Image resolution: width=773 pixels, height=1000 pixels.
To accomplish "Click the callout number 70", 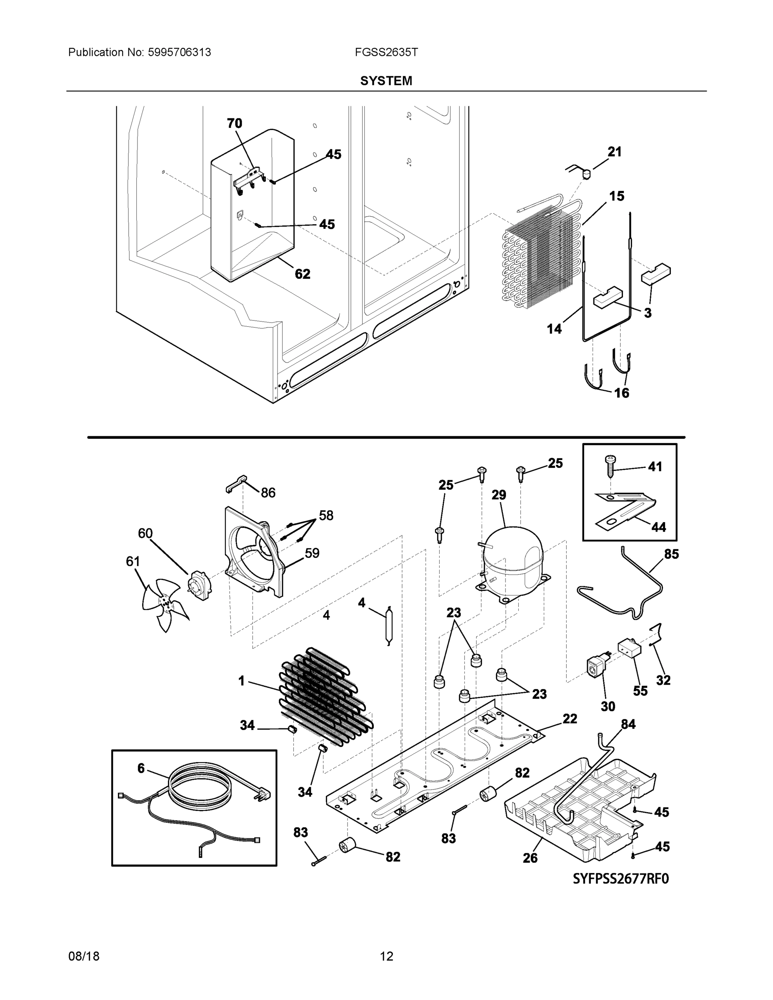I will click(x=235, y=123).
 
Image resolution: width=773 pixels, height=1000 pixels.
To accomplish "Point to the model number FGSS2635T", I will click(x=385, y=52).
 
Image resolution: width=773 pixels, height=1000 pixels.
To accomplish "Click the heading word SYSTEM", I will click(x=386, y=81).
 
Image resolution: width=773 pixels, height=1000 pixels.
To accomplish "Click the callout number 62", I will click(x=302, y=274).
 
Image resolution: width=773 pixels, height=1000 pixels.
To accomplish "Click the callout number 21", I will click(x=615, y=152).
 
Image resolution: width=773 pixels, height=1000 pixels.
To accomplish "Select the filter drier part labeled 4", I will click(x=389, y=625).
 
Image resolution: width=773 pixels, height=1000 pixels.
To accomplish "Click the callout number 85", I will click(x=671, y=554).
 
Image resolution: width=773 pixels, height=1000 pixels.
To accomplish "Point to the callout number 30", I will click(x=608, y=707).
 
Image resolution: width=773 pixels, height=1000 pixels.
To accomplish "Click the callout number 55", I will click(x=640, y=691).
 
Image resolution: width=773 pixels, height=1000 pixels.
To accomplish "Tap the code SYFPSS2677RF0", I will click(x=621, y=879).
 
